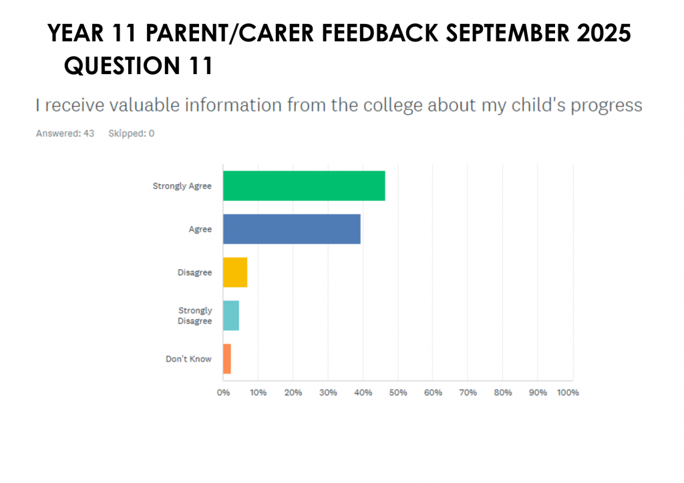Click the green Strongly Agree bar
[x=304, y=186]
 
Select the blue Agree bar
[x=292, y=229]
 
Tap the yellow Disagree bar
[x=235, y=272]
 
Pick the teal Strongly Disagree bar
[x=231, y=316]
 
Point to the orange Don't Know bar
[x=227, y=359]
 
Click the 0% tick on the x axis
[x=223, y=392]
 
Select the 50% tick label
[x=397, y=392]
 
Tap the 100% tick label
[x=568, y=392]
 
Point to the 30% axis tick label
[x=328, y=392]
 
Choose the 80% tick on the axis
[x=502, y=392]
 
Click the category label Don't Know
[x=188, y=359]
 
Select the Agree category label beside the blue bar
[x=200, y=229]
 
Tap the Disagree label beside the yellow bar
[x=194, y=272]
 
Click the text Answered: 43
[x=65, y=133]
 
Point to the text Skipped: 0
[x=131, y=133]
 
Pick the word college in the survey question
[x=390, y=105]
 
